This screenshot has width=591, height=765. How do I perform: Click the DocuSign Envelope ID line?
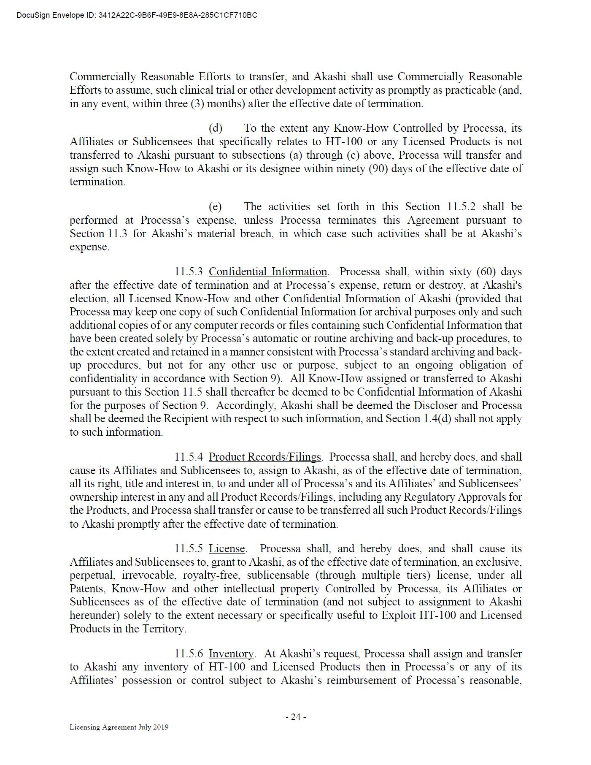click(x=137, y=16)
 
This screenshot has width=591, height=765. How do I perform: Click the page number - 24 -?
click(x=295, y=716)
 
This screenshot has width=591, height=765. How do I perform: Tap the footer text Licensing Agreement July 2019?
click(x=119, y=727)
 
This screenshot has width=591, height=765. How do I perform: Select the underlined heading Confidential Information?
click(x=268, y=271)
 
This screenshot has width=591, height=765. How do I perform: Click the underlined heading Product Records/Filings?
click(x=265, y=457)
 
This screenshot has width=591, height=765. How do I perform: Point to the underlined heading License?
click(x=227, y=548)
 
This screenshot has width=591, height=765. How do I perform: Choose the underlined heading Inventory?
click(x=231, y=654)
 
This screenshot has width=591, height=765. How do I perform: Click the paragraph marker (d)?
click(x=216, y=128)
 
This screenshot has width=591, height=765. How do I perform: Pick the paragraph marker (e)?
click(x=215, y=206)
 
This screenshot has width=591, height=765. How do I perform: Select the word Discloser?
click(x=438, y=405)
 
